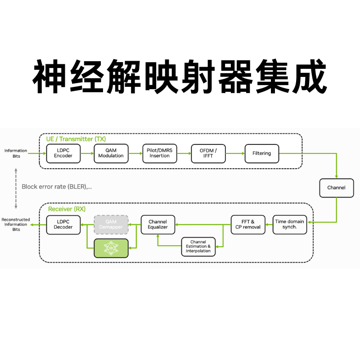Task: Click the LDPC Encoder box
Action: pyautogui.click(x=63, y=153)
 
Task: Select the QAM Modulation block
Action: pyautogui.click(x=111, y=153)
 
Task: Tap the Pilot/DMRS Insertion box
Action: pyautogui.click(x=160, y=153)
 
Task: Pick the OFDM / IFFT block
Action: pyautogui.click(x=208, y=153)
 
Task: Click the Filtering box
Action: pyautogui.click(x=261, y=153)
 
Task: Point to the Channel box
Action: pyautogui.click(x=336, y=188)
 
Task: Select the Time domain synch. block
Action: pyautogui.click(x=290, y=224)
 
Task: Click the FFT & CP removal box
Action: pyautogui.click(x=248, y=224)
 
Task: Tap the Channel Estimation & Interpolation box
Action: pyautogui.click(x=198, y=247)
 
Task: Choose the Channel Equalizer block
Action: pyautogui.click(x=157, y=224)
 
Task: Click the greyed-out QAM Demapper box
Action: pyautogui.click(x=111, y=224)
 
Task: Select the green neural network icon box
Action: pyautogui.click(x=111, y=248)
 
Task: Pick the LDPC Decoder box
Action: pyautogui.click(x=63, y=224)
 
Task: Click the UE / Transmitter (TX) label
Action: pyautogui.click(x=76, y=139)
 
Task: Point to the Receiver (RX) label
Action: pyautogui.click(x=67, y=209)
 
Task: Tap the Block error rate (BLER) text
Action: pyautogui.click(x=57, y=186)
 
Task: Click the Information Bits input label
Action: pyautogui.click(x=16, y=153)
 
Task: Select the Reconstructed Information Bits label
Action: pyautogui.click(x=16, y=224)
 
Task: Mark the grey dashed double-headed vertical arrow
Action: pyautogui.click(x=16, y=188)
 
